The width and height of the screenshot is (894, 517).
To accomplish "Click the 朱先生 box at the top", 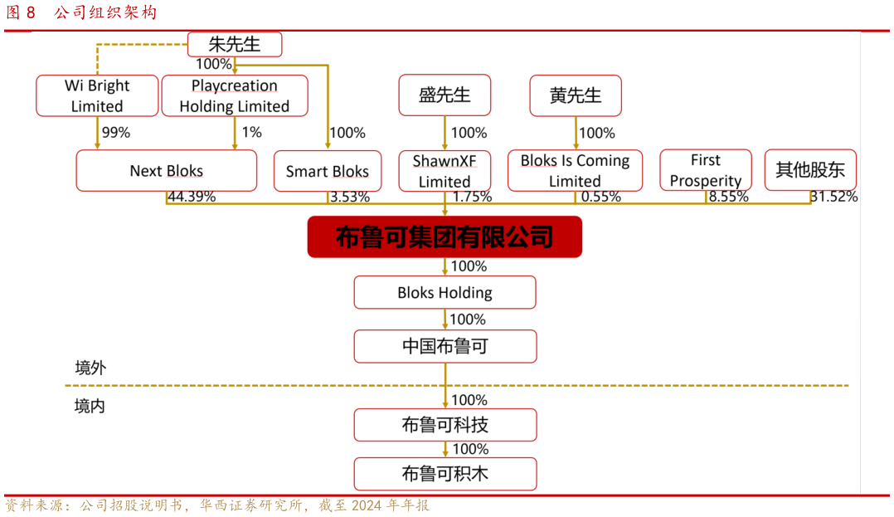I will pyautogui.click(x=235, y=45).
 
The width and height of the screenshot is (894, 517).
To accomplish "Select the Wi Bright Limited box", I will pyautogui.click(x=97, y=95).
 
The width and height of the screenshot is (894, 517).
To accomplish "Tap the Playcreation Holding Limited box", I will pyautogui.click(x=235, y=95).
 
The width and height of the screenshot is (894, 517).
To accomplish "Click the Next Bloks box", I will pyautogui.click(x=166, y=171).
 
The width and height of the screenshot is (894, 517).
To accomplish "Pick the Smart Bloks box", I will pyautogui.click(x=328, y=171).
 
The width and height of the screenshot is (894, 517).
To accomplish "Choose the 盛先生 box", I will pyautogui.click(x=445, y=95).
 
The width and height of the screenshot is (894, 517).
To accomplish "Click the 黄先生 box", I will pyautogui.click(x=576, y=95).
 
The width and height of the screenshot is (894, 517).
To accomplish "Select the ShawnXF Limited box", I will pyautogui.click(x=445, y=171).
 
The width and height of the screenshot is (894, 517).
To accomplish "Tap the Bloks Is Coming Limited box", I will pyautogui.click(x=575, y=171).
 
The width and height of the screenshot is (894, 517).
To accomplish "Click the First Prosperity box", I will pyautogui.click(x=706, y=170).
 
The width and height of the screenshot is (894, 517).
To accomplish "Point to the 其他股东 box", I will pyautogui.click(x=810, y=170).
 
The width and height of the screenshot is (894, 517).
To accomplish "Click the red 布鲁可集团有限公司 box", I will pyautogui.click(x=445, y=237).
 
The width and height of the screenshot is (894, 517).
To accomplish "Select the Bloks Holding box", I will pyautogui.click(x=445, y=293).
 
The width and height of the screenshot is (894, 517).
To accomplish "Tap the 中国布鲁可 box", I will pyautogui.click(x=445, y=346).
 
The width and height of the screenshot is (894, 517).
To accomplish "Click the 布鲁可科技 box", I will pyautogui.click(x=445, y=425).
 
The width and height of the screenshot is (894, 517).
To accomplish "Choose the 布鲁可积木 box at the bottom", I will pyautogui.click(x=445, y=474).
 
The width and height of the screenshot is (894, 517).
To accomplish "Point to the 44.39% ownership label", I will pyautogui.click(x=192, y=198).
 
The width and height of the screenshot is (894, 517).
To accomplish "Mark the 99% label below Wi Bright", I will pyautogui.click(x=115, y=132).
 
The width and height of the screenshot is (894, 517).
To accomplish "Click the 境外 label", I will pyautogui.click(x=90, y=368).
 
